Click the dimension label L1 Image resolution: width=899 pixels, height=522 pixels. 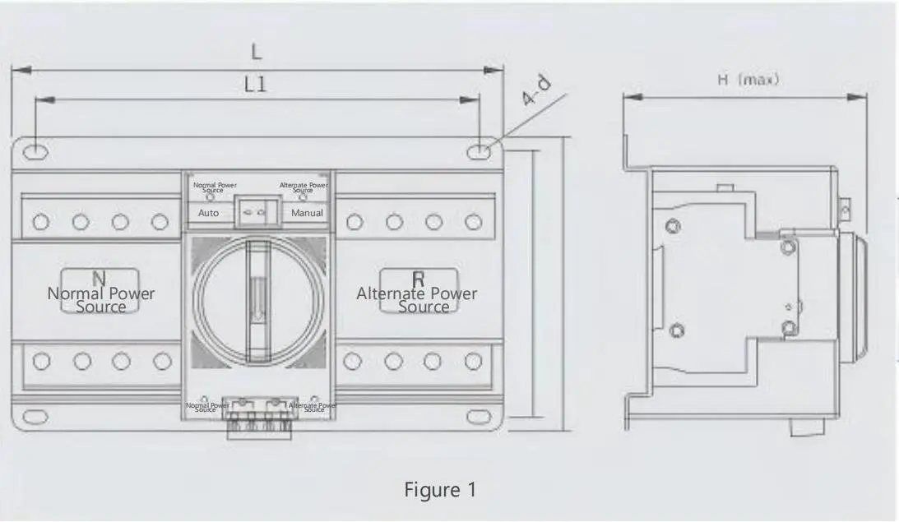(257, 84)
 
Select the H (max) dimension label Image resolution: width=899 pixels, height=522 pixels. (748, 81)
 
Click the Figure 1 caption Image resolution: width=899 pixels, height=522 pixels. (440, 490)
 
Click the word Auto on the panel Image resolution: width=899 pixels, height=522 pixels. (209, 212)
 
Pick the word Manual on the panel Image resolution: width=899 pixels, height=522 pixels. (307, 212)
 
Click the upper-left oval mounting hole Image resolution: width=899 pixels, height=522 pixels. (35, 151)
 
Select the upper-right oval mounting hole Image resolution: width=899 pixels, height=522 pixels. (479, 151)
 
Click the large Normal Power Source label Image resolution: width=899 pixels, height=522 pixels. (100, 299)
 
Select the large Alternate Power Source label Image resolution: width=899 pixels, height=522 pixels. (417, 299)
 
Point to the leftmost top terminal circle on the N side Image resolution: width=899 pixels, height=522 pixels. (39, 221)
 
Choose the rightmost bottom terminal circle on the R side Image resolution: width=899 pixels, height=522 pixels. (472, 360)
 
